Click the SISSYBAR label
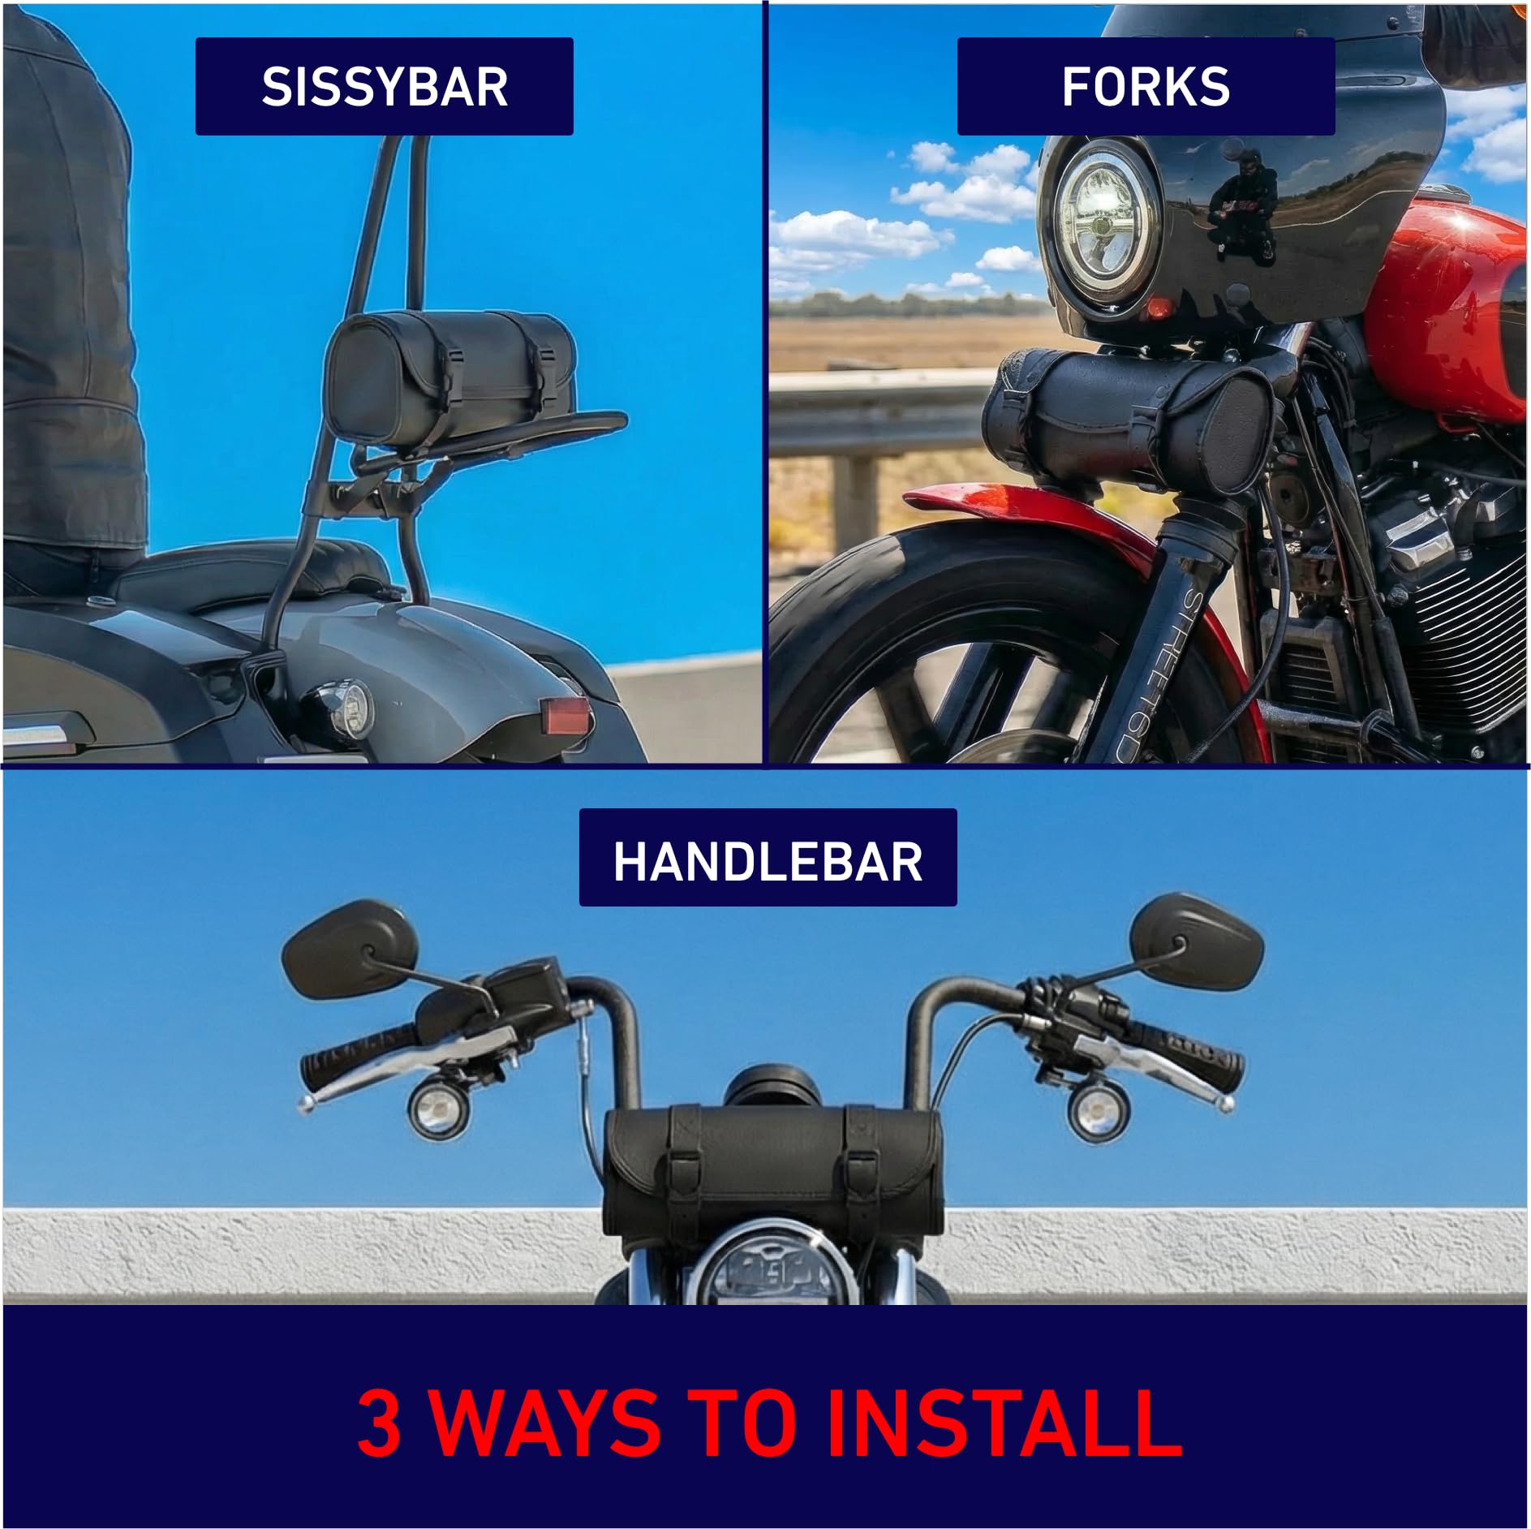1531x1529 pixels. pyautogui.click(x=384, y=86)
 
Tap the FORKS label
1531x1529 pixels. pyautogui.click(x=1146, y=86)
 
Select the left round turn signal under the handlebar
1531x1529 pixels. pyautogui.click(x=432, y=1109)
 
